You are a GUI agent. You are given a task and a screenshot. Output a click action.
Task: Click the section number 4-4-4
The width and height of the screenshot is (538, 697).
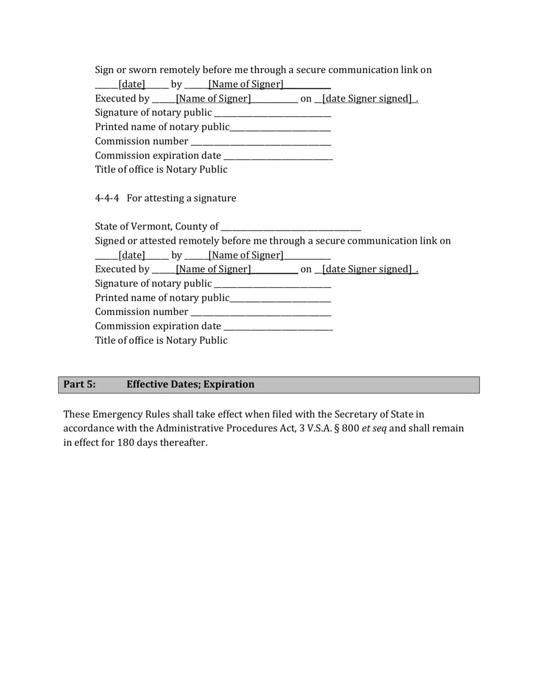click(107, 198)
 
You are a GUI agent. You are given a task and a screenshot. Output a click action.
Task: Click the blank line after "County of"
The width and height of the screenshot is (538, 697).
click(291, 227)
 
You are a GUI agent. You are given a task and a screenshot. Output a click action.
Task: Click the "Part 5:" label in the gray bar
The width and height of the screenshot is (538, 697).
click(79, 384)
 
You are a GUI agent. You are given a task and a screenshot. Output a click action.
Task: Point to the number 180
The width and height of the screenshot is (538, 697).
click(126, 443)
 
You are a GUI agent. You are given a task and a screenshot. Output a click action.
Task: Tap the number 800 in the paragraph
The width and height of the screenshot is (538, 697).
click(350, 428)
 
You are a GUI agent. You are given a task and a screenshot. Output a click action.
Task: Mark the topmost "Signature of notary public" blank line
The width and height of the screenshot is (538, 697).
click(272, 113)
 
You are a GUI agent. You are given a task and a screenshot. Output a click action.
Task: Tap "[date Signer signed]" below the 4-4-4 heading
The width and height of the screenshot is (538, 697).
click(366, 269)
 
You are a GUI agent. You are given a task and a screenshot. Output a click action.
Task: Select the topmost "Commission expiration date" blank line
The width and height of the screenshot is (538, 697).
click(278, 156)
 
